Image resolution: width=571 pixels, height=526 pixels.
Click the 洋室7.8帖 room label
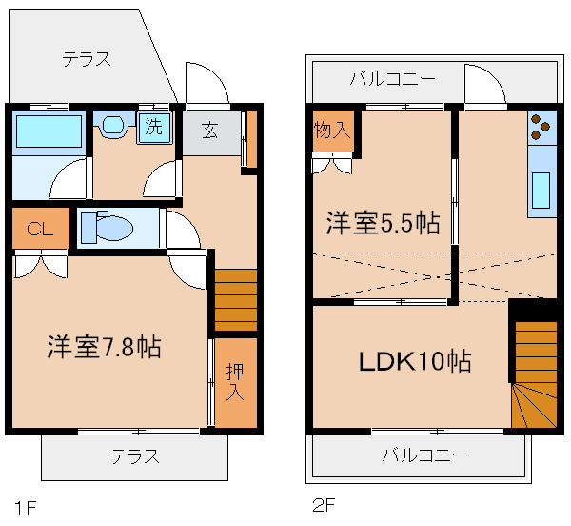click(x=104, y=346)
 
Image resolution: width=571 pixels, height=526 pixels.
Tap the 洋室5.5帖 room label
click(x=384, y=223)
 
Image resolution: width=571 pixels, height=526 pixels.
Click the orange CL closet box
click(x=40, y=229)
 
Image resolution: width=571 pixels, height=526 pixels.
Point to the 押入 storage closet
click(x=235, y=381)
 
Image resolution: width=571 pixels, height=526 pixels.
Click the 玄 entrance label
click(x=209, y=131)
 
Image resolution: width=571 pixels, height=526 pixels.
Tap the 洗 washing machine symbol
click(x=152, y=127)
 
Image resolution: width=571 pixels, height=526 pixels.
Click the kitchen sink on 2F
click(x=541, y=189)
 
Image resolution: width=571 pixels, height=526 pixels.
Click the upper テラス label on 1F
click(x=87, y=59)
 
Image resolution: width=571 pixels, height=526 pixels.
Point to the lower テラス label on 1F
click(x=134, y=455)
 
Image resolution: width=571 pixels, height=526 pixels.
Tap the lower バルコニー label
click(x=425, y=455)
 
